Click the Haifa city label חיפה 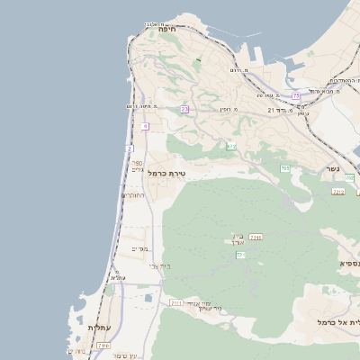[166, 29]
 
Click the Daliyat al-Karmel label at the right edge [338, 321]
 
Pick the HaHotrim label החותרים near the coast [132, 195]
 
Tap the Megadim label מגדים [139, 249]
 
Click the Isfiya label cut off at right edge [349, 263]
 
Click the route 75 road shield [295, 95]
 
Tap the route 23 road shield [184, 109]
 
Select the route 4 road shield [144, 126]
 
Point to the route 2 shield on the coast [130, 148]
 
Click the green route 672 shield [231, 146]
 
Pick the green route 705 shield [284, 168]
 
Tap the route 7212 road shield [337, 192]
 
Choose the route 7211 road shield [256, 237]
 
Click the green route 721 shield [240, 256]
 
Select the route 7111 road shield [175, 303]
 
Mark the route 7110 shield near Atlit [103, 346]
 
